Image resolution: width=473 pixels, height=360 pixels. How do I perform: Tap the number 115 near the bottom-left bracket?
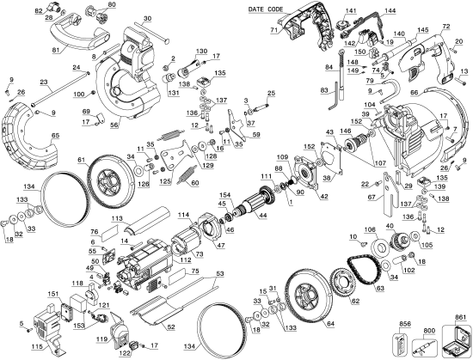pyautogui.click(x=37, y=345)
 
